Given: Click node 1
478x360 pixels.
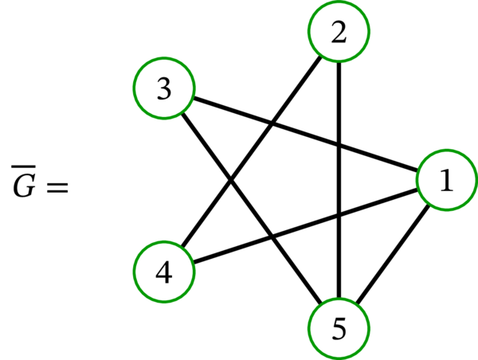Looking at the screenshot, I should coord(447,182).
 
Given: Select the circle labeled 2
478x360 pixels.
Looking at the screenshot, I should coord(339,33).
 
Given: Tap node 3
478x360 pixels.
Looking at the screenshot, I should coord(164,89).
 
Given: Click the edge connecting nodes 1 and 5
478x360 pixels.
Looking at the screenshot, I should coord(394,255).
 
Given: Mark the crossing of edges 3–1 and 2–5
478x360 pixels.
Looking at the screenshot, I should coord(339,146).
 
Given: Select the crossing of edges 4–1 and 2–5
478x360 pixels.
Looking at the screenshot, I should coord(339,215).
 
